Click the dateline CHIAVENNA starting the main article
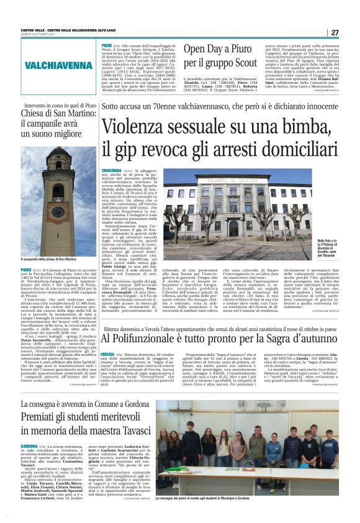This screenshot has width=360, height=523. (111, 170)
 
